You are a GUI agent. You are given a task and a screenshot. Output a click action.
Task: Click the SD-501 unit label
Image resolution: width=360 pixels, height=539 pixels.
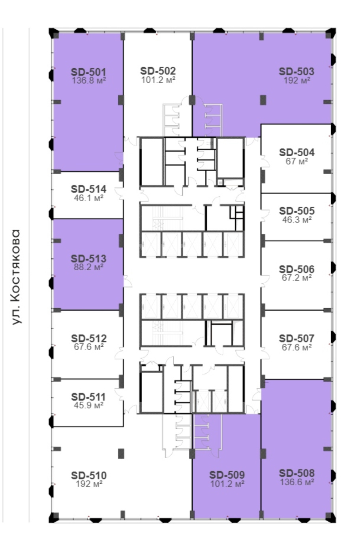pyautogui.click(x=88, y=72)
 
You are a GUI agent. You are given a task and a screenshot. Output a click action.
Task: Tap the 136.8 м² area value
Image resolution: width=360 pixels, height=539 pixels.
pyautogui.click(x=89, y=80)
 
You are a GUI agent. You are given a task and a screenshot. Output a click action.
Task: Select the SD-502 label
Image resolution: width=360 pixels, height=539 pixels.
pyautogui.click(x=158, y=71)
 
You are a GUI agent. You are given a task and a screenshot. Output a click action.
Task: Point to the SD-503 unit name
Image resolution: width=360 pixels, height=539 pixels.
pyautogui.click(x=296, y=71)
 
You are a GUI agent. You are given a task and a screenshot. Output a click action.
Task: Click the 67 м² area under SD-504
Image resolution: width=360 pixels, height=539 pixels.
pyautogui.click(x=297, y=161)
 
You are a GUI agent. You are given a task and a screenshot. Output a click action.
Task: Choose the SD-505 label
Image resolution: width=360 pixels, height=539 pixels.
pyautogui.click(x=297, y=211)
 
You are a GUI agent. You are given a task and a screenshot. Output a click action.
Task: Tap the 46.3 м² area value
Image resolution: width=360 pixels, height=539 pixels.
pyautogui.click(x=297, y=220)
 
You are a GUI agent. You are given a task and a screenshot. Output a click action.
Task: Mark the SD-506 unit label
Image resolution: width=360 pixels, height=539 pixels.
pyautogui.click(x=297, y=269)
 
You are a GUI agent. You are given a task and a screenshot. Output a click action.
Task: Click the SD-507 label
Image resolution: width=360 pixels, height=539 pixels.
pyautogui.click(x=297, y=339)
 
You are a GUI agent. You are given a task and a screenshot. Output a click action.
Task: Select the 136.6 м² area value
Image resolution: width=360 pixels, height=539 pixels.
pyautogui.click(x=297, y=482)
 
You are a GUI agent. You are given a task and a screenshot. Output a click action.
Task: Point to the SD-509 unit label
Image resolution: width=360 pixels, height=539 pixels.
pyautogui.click(x=227, y=475)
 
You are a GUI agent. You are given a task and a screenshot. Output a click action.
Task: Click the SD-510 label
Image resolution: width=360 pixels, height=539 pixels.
pyautogui.click(x=89, y=475)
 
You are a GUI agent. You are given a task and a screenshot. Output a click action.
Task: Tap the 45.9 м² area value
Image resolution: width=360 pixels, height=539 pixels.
pyautogui.click(x=89, y=405)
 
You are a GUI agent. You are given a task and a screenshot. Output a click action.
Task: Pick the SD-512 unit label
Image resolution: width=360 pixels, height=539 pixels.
pyautogui.click(x=89, y=339)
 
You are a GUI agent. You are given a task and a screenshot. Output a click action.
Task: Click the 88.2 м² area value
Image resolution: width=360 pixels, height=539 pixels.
pyautogui.click(x=89, y=267)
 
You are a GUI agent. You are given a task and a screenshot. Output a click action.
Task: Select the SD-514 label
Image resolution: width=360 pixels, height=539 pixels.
pyautogui.click(x=88, y=189)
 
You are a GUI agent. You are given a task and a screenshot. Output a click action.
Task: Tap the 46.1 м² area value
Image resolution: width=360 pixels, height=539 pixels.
pyautogui.click(x=89, y=198)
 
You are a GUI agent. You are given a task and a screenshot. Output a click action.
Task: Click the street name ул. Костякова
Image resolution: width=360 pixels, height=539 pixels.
pyautogui.click(x=16, y=277)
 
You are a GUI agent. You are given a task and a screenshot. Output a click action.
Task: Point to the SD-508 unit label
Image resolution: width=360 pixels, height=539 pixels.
pyautogui.click(x=297, y=473)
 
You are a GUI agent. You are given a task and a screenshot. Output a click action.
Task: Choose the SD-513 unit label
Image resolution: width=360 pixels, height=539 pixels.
pyautogui.click(x=88, y=259)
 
